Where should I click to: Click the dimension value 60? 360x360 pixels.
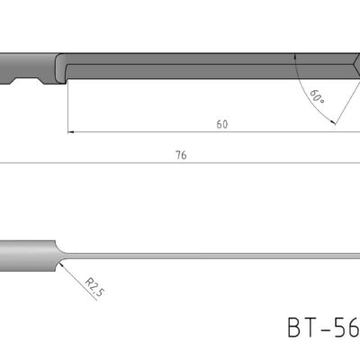pos(221,124)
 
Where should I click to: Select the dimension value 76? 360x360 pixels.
pos(181,155)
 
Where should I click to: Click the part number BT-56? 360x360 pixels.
pos(322,327)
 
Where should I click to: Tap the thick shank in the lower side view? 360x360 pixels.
pos(27,254)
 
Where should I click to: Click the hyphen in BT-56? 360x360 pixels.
pos(326,328)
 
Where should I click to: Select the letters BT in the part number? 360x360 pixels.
pos(302,327)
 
